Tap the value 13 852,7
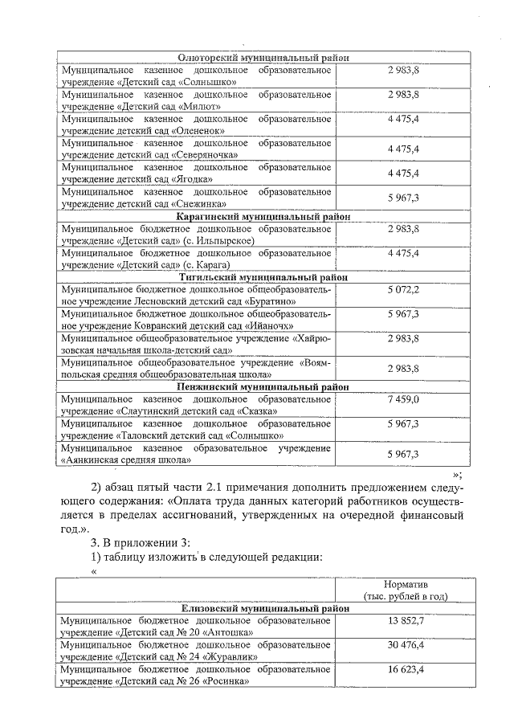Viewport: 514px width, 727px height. pyautogui.click(x=405, y=622)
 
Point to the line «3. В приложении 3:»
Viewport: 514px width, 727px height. pyautogui.click(x=140, y=541)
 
